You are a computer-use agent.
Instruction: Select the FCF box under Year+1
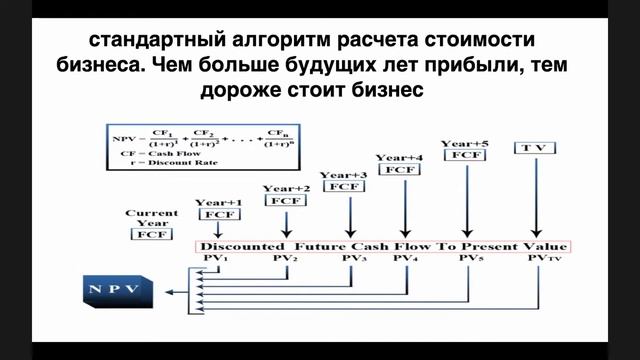coord(218,215)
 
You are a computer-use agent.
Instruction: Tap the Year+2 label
coord(285,188)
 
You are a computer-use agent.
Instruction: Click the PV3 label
coord(353,259)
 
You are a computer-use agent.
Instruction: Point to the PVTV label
coord(538,259)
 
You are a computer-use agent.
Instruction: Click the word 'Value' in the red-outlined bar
coord(547,246)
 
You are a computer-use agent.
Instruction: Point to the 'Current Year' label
coord(151,217)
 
